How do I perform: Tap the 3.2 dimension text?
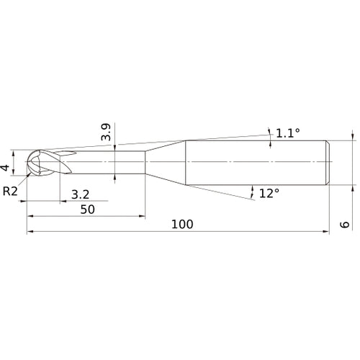[81, 194]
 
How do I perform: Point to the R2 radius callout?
[10, 191]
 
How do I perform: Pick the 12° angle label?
[268, 193]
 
